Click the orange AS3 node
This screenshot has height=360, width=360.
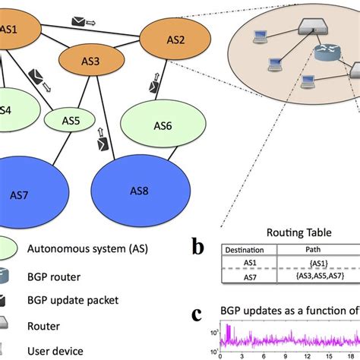pos(91,61)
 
